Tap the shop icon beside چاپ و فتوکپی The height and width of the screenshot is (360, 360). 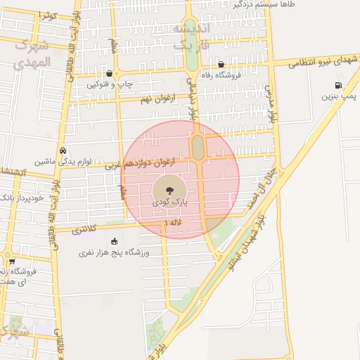(109, 74)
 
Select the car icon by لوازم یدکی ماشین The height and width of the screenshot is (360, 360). (63, 150)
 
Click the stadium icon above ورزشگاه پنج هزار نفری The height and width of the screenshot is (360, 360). (115, 241)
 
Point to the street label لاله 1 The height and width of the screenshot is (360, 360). (172, 223)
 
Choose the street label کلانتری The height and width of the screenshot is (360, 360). (85, 229)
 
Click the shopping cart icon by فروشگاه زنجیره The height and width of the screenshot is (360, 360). (12, 262)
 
